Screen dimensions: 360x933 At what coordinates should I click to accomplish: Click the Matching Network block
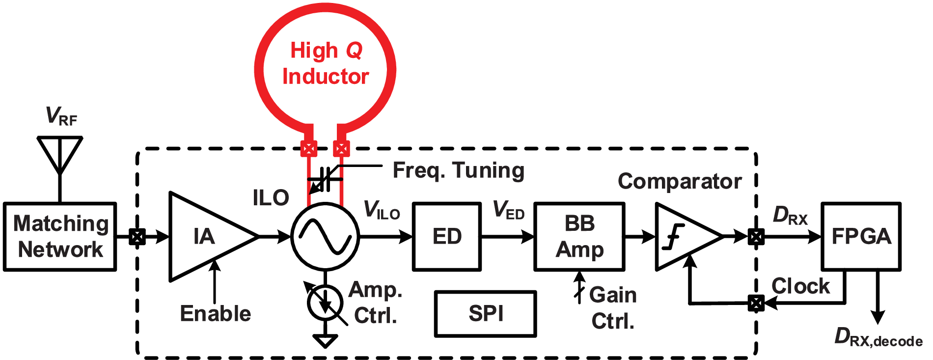coord(60,236)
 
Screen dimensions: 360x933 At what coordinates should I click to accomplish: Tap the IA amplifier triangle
coord(206,237)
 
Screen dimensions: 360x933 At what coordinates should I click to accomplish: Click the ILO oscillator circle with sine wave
coord(325,237)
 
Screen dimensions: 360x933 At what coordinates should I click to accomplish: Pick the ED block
coord(446,237)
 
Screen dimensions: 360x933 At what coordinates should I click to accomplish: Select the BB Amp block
coord(579,237)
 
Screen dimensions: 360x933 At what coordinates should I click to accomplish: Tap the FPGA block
coord(861,237)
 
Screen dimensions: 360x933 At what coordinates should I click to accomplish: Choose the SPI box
coord(485,314)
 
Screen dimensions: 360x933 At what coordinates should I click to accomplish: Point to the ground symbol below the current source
coord(325,340)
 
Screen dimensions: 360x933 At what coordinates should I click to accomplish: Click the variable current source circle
coord(325,303)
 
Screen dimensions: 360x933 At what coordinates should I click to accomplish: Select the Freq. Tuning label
coord(458,170)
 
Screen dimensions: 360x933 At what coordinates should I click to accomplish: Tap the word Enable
coord(215,314)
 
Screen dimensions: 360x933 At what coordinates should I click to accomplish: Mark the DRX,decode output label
coord(878,338)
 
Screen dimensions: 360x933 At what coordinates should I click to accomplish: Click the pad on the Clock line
coord(756,303)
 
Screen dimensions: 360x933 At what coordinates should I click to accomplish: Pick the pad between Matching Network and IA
coord(137,237)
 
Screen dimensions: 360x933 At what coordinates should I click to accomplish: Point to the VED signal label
coord(509,210)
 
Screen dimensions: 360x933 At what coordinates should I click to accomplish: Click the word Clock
coord(800,286)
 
